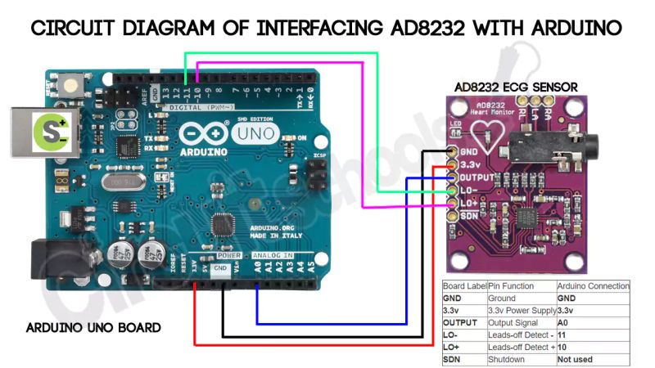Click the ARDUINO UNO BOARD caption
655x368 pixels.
click(93, 327)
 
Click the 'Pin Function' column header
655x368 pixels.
click(511, 286)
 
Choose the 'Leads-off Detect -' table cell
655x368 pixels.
click(519, 335)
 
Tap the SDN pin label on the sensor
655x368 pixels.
click(468, 215)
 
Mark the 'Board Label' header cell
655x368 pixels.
click(464, 286)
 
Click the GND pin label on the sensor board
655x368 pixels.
click(469, 152)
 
